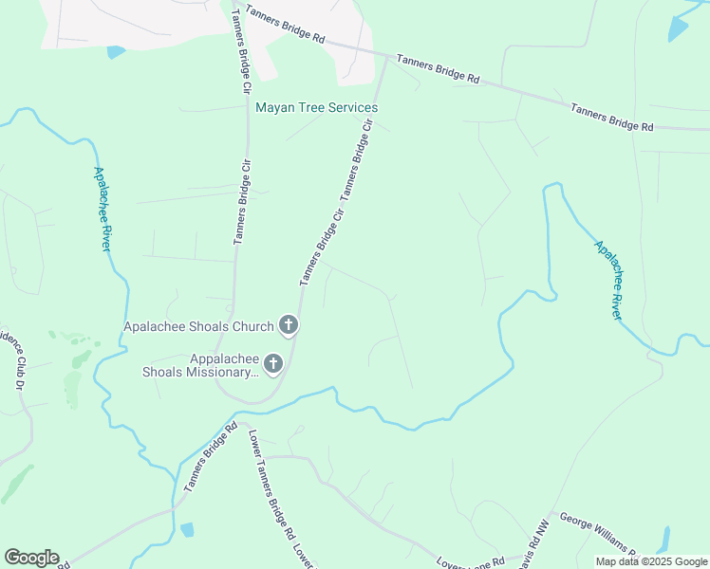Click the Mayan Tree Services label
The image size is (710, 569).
click(x=317, y=107)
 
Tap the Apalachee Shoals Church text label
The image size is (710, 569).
click(x=199, y=326)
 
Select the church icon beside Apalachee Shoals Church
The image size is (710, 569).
click(x=290, y=326)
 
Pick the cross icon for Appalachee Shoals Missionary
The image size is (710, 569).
click(x=273, y=364)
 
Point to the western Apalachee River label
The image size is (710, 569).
click(x=103, y=209)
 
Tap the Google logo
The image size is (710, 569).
click(x=31, y=558)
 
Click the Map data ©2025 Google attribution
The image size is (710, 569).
click(x=651, y=561)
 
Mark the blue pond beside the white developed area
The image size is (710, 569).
click(x=116, y=52)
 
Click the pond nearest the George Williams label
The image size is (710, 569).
click(x=662, y=541)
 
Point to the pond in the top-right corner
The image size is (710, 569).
click(x=678, y=28)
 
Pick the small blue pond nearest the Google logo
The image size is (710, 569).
click(x=187, y=530)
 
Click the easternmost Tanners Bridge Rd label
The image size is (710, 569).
click(x=612, y=118)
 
